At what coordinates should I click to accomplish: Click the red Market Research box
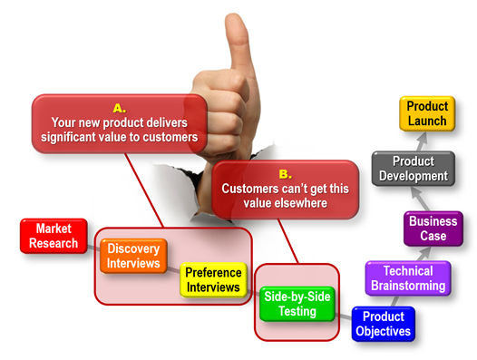[x=54, y=236]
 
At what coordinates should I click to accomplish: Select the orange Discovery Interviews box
[x=133, y=256]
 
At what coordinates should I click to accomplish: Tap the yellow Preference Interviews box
[x=214, y=279]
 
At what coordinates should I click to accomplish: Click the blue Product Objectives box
[x=383, y=324]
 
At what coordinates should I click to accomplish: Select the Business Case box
[x=433, y=229]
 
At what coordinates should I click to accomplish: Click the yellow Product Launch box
[x=427, y=114]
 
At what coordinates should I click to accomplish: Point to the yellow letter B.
[x=285, y=172]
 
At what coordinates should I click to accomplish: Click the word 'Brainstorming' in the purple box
[x=408, y=287]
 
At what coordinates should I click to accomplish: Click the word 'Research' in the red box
[x=54, y=243]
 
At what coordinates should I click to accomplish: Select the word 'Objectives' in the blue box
[x=383, y=331]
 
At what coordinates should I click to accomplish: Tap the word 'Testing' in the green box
[x=297, y=311]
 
